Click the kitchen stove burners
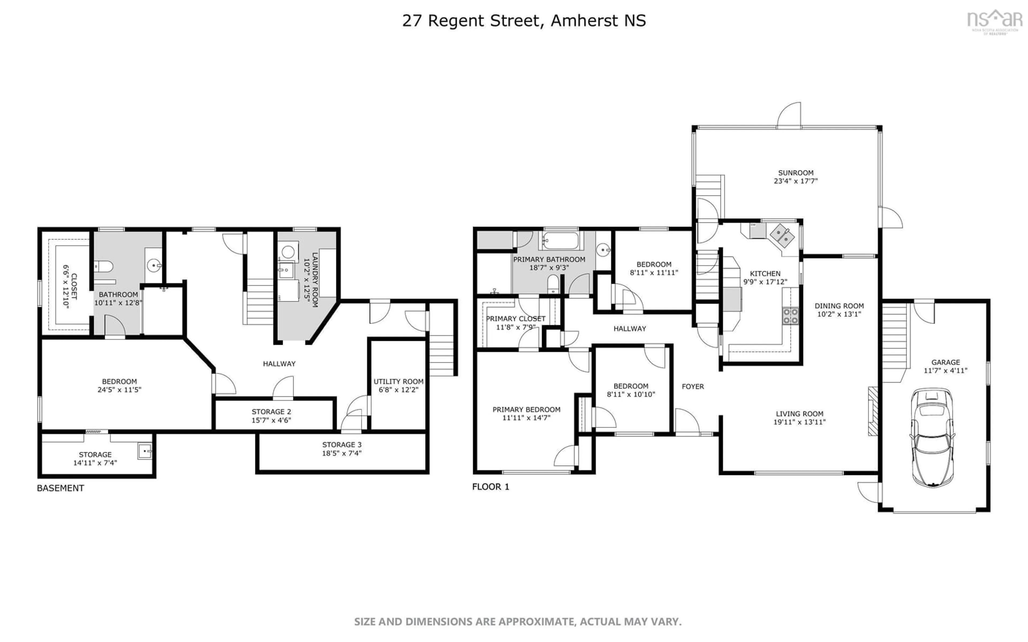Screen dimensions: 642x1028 point(790,315)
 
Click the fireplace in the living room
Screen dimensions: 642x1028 point(872,411)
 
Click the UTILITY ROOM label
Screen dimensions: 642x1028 point(398,381)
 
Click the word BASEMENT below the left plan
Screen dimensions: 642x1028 point(60,488)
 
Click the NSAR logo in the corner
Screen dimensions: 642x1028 point(995,20)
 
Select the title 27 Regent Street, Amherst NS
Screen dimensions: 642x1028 point(524,20)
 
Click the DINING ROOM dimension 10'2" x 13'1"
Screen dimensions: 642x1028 point(839,314)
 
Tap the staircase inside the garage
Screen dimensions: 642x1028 point(895,342)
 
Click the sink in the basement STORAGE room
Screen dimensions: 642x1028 point(145,451)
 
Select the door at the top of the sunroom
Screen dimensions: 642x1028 point(789,116)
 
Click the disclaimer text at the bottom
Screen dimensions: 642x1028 point(518,622)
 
